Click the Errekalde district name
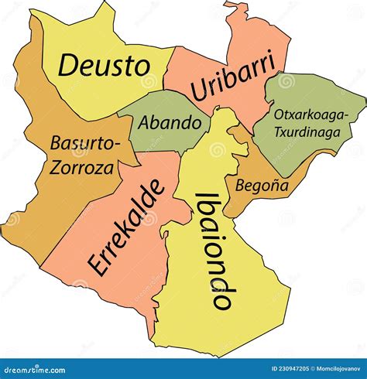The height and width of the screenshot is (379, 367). pos(127,228)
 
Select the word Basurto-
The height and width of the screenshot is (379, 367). pos(85,143)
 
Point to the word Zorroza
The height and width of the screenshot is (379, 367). pos(80,167)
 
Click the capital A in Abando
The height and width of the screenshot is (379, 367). pos(143,122)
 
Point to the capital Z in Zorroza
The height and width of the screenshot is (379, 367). pos(56,168)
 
